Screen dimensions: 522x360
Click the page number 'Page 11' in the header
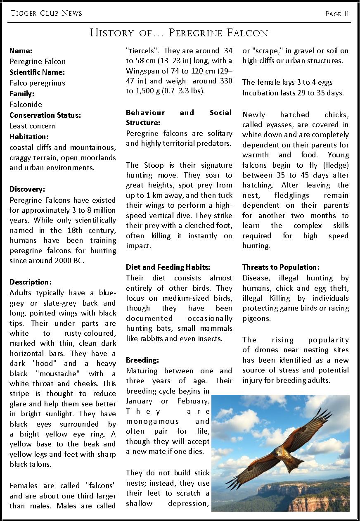point(337,14)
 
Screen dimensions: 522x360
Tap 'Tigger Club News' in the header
point(46,13)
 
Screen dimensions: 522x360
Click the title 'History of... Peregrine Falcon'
point(179,33)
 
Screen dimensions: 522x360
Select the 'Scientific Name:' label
point(37,72)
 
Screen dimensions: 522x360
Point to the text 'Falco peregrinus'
point(37,83)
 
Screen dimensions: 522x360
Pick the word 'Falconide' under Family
point(26,104)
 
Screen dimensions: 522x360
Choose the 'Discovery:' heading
point(27,190)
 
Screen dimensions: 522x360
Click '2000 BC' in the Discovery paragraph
point(70,261)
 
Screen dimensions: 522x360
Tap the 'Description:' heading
point(31,282)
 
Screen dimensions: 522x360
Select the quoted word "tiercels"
point(142,51)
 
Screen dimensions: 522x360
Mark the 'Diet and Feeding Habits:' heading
point(168,267)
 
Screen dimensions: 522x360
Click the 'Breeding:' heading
point(142,360)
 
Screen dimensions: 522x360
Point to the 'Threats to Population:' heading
point(281,267)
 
